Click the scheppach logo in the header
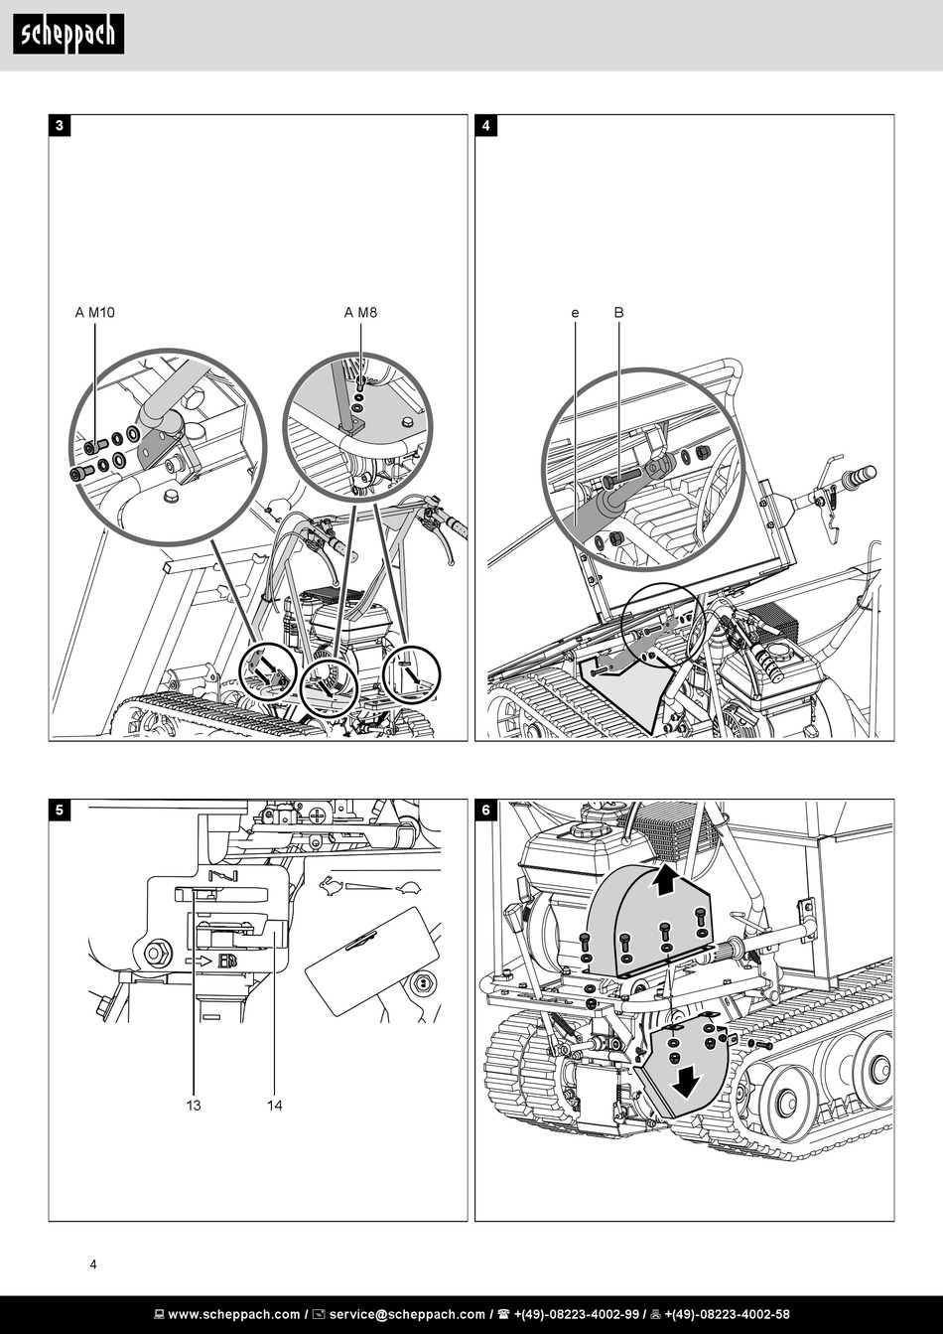point(68,35)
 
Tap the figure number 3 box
point(60,126)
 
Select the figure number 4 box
point(486,126)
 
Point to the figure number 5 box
point(60,811)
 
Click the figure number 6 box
point(486,811)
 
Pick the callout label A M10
point(94,313)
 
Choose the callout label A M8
point(360,313)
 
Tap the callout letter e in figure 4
point(575,313)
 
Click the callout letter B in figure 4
point(618,313)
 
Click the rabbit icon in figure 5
point(331,886)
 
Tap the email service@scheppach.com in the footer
point(407,1314)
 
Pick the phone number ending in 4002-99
point(577,1314)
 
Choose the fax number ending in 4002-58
point(727,1314)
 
